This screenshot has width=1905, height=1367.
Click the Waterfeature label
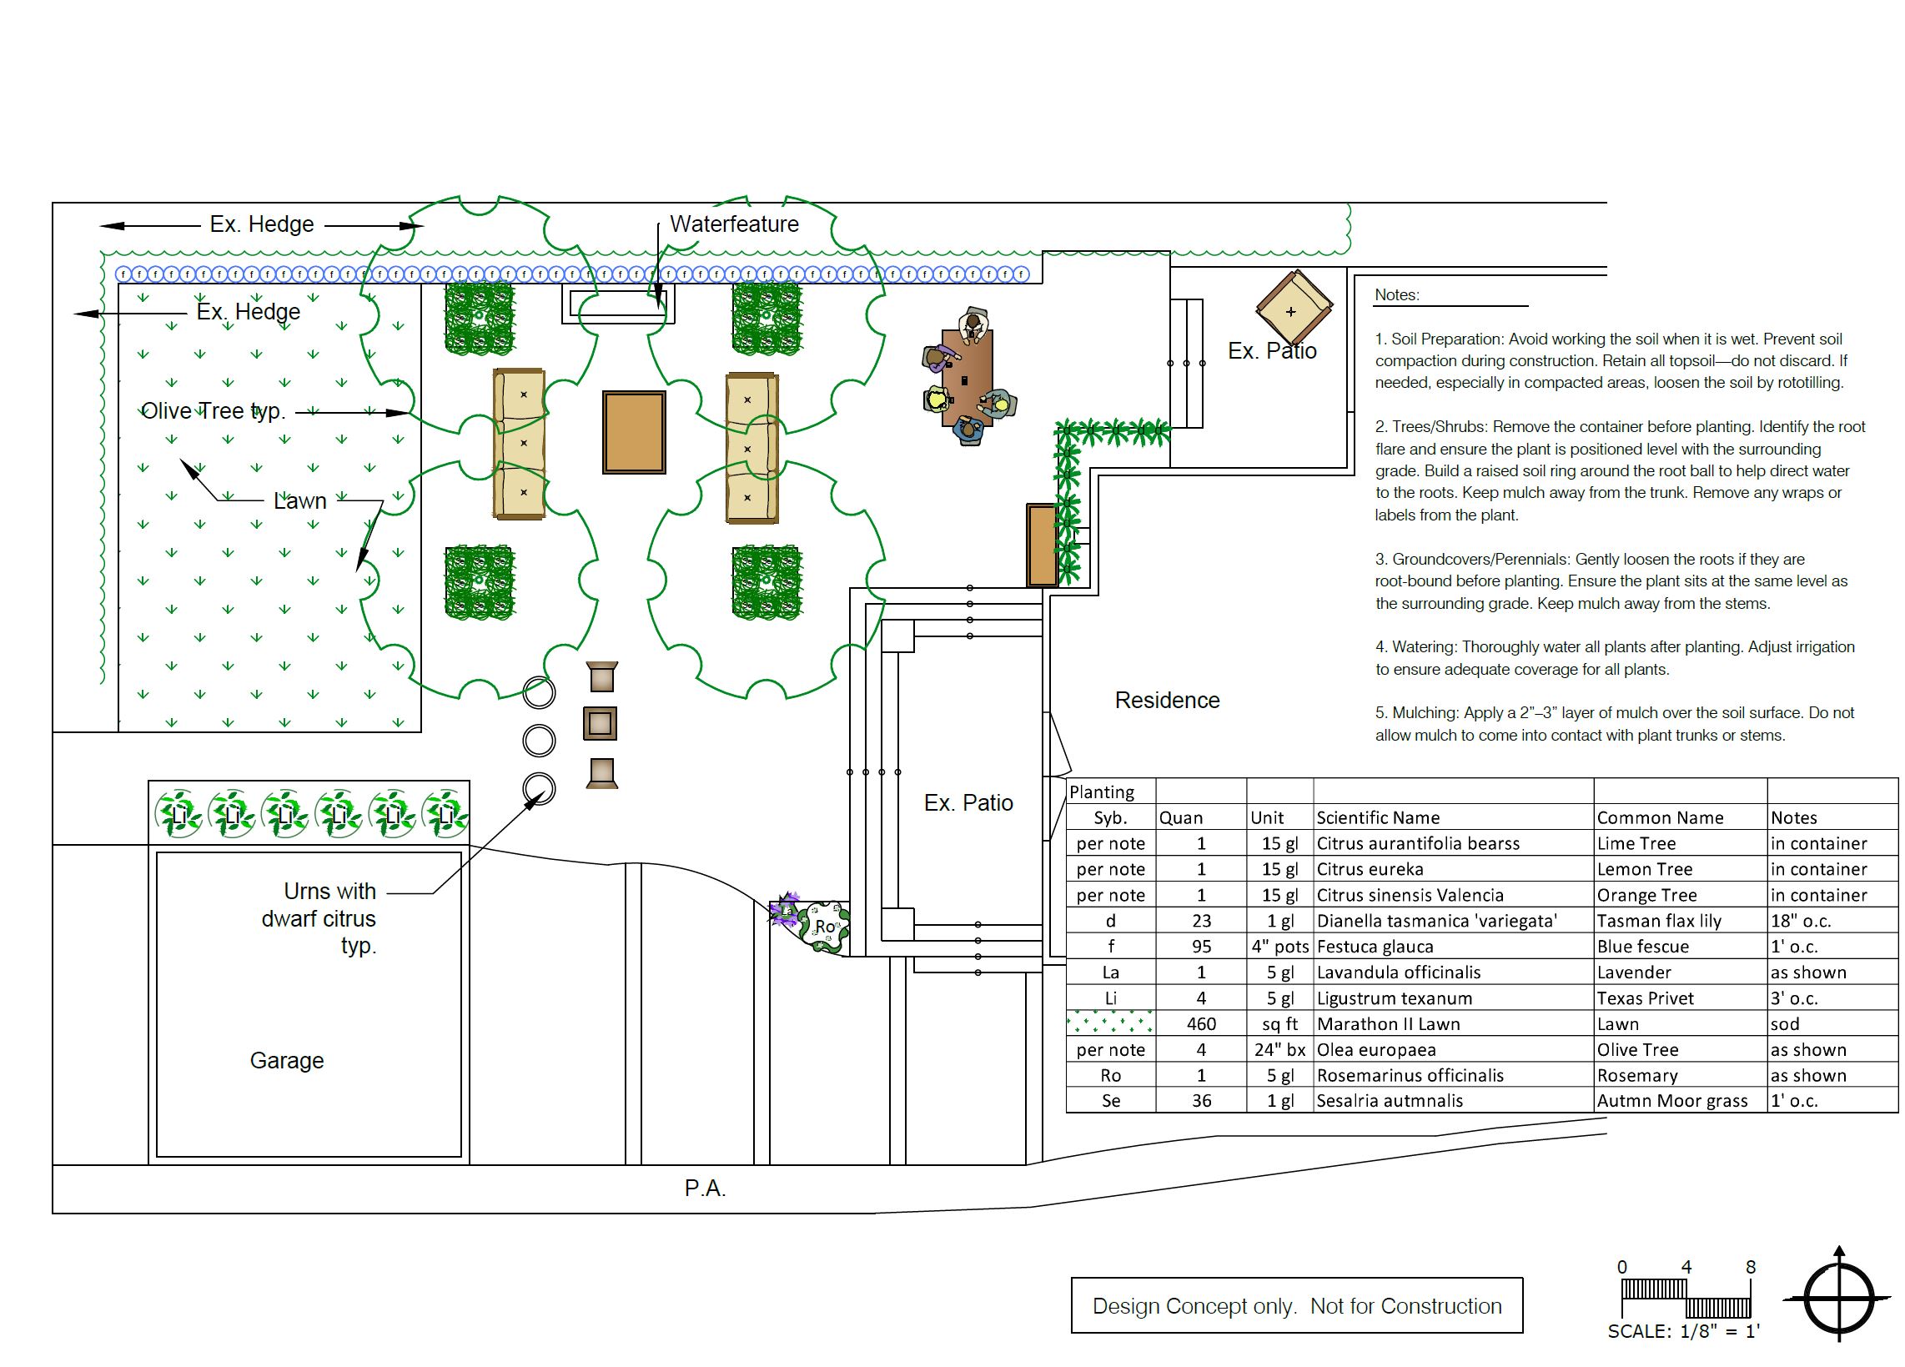[733, 224]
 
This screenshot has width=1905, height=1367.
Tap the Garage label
[286, 1061]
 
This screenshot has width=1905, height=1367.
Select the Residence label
[1167, 701]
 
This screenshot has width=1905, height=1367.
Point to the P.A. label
[705, 1189]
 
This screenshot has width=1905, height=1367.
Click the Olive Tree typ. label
[214, 411]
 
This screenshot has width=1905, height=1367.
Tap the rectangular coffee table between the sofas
[634, 432]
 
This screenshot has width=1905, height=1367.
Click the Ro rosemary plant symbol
[825, 927]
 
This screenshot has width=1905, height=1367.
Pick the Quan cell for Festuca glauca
[1201, 947]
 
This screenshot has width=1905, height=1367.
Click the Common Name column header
[1660, 818]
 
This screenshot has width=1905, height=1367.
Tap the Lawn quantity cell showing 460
[1201, 1023]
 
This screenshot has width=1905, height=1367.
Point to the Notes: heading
[1397, 295]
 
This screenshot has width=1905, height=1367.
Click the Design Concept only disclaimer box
[1296, 1306]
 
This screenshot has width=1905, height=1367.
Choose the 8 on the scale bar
[1751, 1267]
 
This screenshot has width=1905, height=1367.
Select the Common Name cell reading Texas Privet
[1645, 998]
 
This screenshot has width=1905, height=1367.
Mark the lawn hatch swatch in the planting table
[1110, 1023]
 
